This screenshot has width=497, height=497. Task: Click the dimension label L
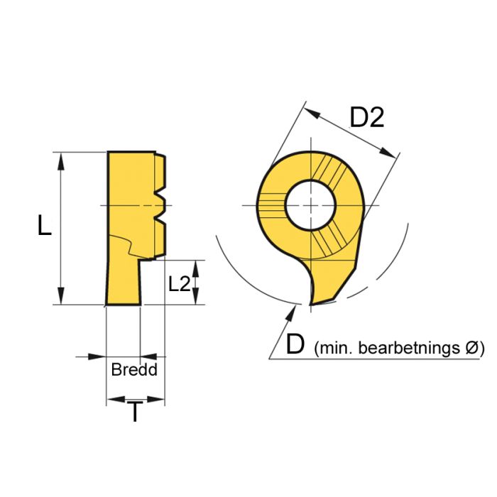(44, 226)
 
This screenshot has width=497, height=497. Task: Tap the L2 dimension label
(180, 283)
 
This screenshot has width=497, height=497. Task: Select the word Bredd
(134, 370)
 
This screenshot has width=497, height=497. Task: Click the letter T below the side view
(134, 412)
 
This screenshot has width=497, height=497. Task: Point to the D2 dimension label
(367, 118)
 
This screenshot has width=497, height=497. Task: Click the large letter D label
(295, 345)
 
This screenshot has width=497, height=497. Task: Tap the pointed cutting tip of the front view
(313, 303)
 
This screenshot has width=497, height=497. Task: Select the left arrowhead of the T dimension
(112, 401)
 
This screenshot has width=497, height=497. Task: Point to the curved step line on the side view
(128, 244)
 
